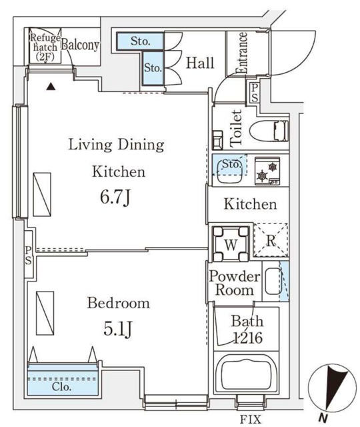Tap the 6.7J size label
116,197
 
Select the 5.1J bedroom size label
118,329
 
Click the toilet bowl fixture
269,131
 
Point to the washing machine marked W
231,244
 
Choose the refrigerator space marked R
271,240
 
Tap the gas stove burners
267,171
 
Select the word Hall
200,63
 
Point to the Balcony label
80,45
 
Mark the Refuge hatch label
45,47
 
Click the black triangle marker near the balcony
51,87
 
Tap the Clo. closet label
62,387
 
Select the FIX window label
251,419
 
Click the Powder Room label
234,283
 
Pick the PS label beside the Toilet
255,93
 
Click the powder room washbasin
273,281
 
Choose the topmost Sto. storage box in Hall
141,41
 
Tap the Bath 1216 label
247,330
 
